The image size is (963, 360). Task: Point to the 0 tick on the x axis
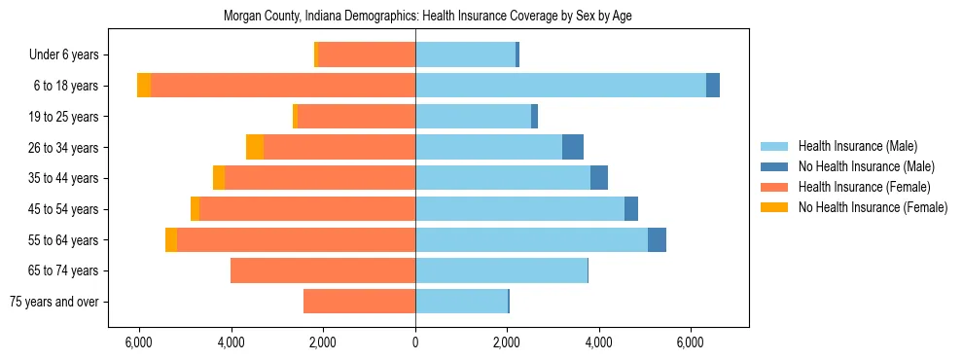(415, 342)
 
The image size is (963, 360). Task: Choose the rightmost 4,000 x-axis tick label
(598, 342)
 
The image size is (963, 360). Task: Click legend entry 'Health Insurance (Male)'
(857, 146)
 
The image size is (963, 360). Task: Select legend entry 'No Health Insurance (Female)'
(873, 207)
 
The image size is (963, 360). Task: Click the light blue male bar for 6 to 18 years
(560, 86)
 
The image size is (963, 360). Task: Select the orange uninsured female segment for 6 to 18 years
(144, 86)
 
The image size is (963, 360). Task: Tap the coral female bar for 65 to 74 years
(323, 270)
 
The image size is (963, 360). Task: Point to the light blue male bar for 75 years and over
(461, 302)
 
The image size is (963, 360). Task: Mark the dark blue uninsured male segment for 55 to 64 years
(657, 239)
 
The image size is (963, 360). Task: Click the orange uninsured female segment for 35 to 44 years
(219, 178)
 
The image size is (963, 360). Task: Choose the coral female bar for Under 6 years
(367, 54)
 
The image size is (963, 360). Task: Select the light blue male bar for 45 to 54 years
(519, 209)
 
